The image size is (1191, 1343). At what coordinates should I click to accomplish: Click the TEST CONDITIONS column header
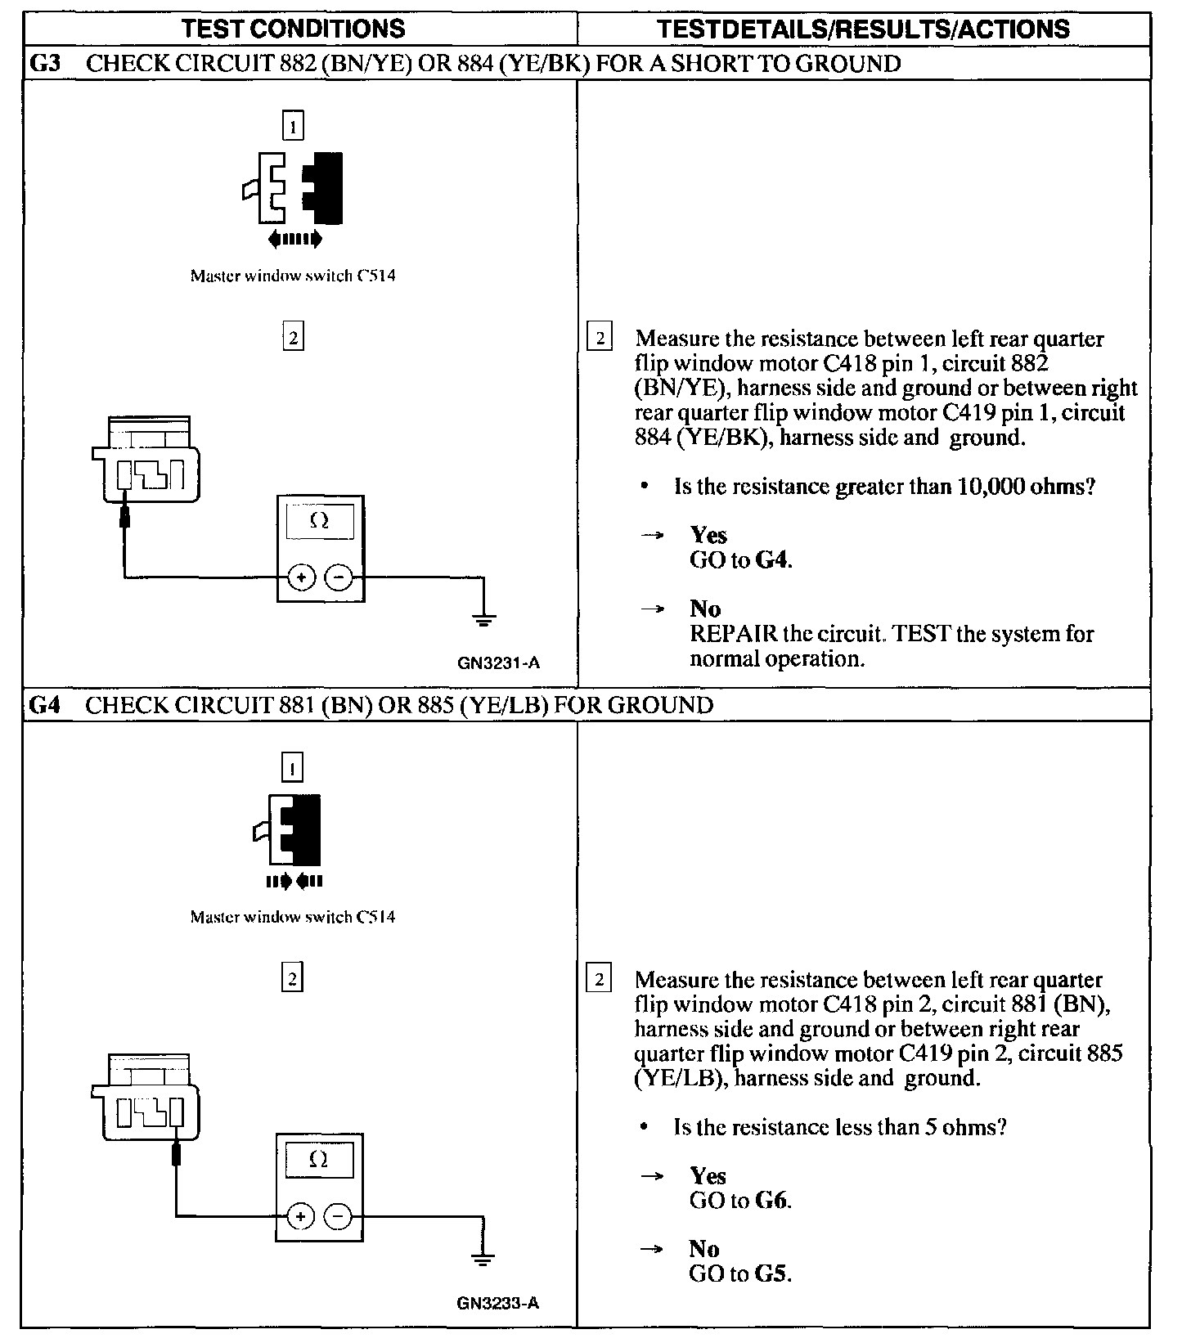tap(293, 29)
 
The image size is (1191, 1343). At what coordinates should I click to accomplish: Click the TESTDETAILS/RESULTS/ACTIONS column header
tap(863, 29)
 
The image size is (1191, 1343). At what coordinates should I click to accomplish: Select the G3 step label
tap(45, 64)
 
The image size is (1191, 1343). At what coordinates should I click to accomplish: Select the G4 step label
tap(45, 704)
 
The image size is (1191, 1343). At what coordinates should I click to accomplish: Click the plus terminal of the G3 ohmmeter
tap(301, 578)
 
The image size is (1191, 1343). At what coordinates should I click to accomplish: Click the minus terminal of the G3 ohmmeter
tap(339, 578)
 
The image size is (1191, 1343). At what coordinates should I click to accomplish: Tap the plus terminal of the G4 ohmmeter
tap(301, 1217)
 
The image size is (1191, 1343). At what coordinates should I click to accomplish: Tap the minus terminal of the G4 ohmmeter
tap(339, 1217)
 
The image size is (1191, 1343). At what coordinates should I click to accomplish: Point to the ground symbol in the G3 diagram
tap(484, 618)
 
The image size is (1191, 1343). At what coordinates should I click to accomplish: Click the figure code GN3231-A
tap(499, 663)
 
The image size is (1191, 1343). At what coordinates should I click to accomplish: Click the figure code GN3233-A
tap(498, 1303)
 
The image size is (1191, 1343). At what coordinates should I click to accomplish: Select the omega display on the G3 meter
tap(319, 522)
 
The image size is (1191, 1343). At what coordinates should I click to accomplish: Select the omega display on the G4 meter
tap(319, 1160)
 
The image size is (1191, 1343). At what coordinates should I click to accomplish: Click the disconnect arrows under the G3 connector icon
tap(294, 239)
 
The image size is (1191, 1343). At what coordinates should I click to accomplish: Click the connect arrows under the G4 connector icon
tap(294, 881)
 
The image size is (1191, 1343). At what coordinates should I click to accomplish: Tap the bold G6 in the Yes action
tap(772, 1201)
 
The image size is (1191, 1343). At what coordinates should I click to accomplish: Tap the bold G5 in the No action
tap(772, 1273)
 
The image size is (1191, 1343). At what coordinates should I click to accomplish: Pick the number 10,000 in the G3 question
tap(897, 487)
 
